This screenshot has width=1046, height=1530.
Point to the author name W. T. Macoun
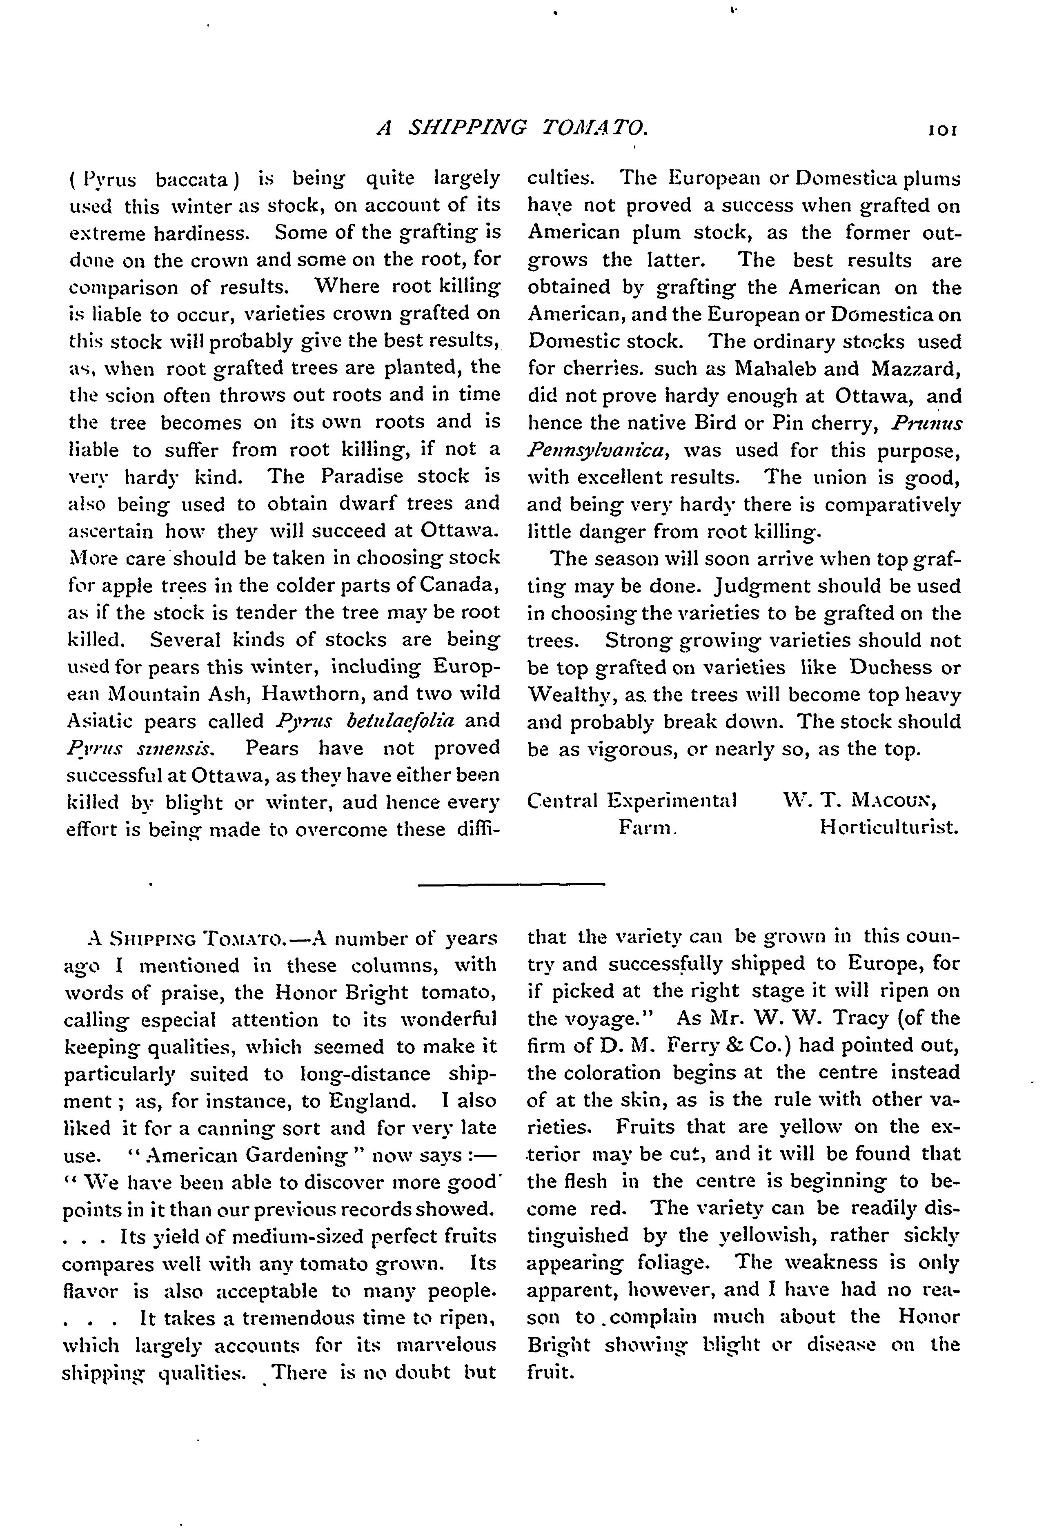[860, 801]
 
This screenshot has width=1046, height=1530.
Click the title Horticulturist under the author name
[889, 827]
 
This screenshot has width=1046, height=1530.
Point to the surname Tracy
[798, 1018]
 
